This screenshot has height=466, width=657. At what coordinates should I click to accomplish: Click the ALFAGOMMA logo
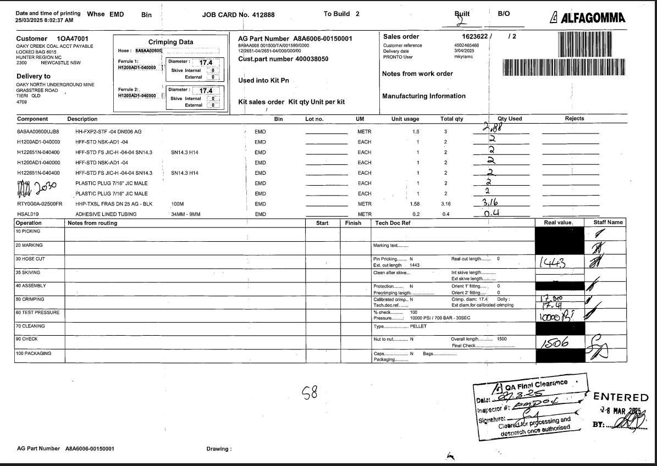pos(588,18)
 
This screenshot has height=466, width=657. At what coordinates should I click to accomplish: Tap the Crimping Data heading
pos(170,42)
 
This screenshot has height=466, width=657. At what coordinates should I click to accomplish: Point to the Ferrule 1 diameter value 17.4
pos(205,63)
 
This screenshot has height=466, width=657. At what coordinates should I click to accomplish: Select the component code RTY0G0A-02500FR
pos(40,204)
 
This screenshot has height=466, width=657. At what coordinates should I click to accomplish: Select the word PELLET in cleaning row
pos(418,326)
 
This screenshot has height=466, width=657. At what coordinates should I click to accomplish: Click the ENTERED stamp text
pos(621,397)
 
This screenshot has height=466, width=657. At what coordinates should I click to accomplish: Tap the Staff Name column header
pos(608,223)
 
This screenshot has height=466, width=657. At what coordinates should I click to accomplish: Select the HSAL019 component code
pos(29,214)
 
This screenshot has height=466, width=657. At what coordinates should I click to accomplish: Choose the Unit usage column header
pos(405,119)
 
